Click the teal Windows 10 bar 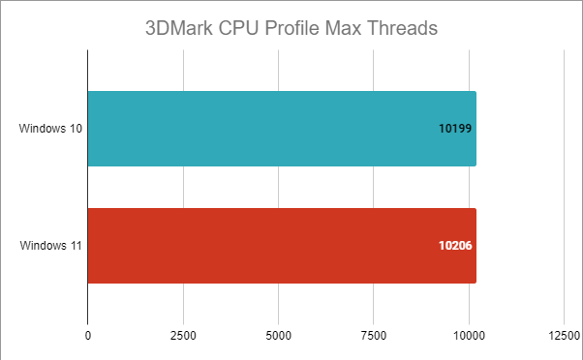click(x=281, y=129)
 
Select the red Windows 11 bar click(x=281, y=246)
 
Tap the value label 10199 click(x=455, y=129)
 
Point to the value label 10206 click(x=455, y=246)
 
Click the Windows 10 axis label click(x=50, y=129)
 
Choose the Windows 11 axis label click(x=50, y=246)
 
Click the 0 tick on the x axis click(x=88, y=337)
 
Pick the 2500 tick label click(x=183, y=337)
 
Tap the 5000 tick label click(x=278, y=337)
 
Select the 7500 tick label click(x=373, y=337)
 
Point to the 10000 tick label click(x=469, y=337)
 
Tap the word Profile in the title click(x=305, y=27)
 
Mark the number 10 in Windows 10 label click(x=75, y=129)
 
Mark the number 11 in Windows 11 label click(x=75, y=246)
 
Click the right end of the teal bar click(x=475, y=129)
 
